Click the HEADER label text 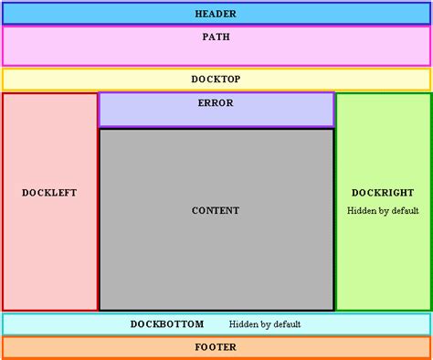coord(216,14)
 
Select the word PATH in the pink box coord(216,37)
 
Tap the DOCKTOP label coord(216,79)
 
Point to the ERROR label coord(216,103)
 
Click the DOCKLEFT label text coord(49,193)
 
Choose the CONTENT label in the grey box coord(216,211)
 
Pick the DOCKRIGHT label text coord(383,193)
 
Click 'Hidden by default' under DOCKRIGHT coord(383,210)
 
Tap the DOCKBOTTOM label coord(167,324)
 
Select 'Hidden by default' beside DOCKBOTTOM coord(265,324)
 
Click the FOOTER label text coord(216,347)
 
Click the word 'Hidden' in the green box coord(363,210)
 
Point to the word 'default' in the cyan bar coord(285,324)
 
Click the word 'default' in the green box coord(403,210)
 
